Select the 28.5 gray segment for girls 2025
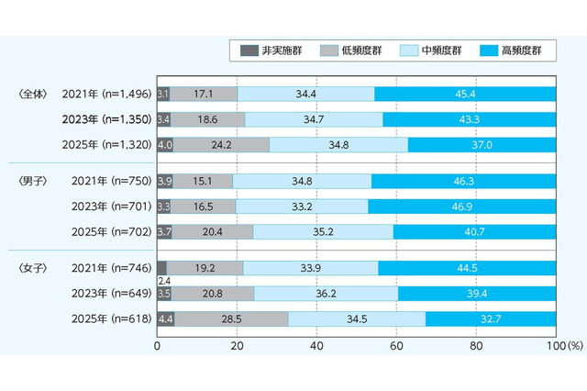[x=231, y=318]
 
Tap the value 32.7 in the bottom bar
[x=492, y=318]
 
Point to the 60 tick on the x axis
[x=396, y=347]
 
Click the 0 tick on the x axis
[x=158, y=347]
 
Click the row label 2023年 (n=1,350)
[x=103, y=119]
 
